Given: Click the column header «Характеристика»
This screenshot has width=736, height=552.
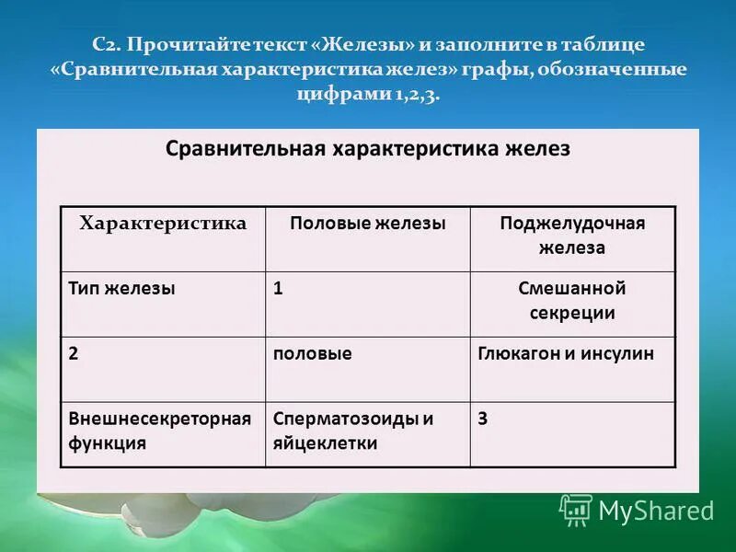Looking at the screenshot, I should point(163,224).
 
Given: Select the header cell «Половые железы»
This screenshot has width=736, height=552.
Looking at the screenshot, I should point(368,224).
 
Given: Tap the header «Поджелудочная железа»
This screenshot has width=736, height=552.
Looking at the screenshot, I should point(572,236).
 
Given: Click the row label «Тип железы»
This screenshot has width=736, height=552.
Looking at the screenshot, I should point(121,288).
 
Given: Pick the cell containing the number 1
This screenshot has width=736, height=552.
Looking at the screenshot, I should point(278,288).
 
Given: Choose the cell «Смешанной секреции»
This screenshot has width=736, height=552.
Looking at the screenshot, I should point(572,300).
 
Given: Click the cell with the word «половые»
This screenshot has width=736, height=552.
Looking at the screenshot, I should point(312,353).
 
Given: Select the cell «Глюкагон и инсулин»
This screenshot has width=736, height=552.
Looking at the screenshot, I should point(566,353).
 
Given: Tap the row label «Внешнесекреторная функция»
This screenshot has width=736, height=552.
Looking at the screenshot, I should point(159,430).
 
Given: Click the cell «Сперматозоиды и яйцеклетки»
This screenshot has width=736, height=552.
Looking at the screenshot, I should point(352,430).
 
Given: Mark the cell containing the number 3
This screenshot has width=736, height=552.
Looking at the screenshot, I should point(483,419).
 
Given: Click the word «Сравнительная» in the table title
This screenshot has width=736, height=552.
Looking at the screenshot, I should point(241,149).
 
